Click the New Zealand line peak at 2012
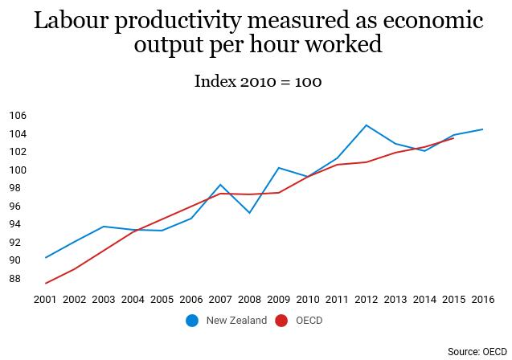pyautogui.click(x=366, y=125)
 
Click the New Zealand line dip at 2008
pyautogui.click(x=249, y=213)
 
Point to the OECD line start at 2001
pyautogui.click(x=46, y=283)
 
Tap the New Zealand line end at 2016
pyautogui.click(x=482, y=129)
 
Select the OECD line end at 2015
pyautogui.click(x=453, y=138)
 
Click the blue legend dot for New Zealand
pyautogui.click(x=192, y=321)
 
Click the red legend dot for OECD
pyautogui.click(x=281, y=321)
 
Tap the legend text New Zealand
pyautogui.click(x=236, y=321)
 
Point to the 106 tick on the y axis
pyautogui.click(x=18, y=115)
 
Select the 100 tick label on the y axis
pyautogui.click(x=18, y=170)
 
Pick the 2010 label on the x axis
pyautogui.click(x=307, y=299)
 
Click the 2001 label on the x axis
pyautogui.click(x=46, y=299)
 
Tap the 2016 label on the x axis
pyautogui.click(x=482, y=299)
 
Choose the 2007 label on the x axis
pyautogui.click(x=220, y=299)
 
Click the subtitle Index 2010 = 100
pyautogui.click(x=258, y=82)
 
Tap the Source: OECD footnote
pyautogui.click(x=477, y=352)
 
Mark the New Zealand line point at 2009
pyautogui.click(x=278, y=168)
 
